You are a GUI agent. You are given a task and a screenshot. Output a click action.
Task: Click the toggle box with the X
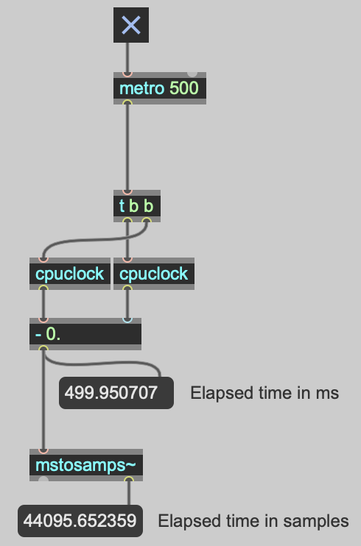click(x=131, y=25)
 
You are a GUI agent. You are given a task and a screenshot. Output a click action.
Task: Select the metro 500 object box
click(x=160, y=88)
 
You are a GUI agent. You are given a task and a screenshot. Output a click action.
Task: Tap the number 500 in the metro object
click(x=183, y=88)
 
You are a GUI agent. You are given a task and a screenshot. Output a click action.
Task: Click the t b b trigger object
click(x=137, y=206)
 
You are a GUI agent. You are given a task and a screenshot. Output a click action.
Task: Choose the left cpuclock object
click(x=70, y=274)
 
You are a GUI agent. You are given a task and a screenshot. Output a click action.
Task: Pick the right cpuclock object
click(x=154, y=274)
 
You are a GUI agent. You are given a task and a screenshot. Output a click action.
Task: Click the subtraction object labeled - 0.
click(x=85, y=334)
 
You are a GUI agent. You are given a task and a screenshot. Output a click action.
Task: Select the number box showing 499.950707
click(x=116, y=393)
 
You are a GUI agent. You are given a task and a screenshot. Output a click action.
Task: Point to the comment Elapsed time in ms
click(x=264, y=393)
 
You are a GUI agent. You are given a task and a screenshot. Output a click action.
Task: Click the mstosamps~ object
click(x=86, y=465)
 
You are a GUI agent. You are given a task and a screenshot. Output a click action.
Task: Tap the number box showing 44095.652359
click(x=80, y=521)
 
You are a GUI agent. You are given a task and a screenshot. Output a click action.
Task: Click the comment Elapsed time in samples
click(x=253, y=521)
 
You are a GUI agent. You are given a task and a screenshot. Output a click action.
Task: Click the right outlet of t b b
click(x=147, y=221)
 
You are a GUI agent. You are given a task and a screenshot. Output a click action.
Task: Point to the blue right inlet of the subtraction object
click(x=127, y=319)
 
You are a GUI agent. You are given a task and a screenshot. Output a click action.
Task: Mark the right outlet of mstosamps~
click(x=129, y=480)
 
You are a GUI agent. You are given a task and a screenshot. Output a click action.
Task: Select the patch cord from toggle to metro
click(x=127, y=57)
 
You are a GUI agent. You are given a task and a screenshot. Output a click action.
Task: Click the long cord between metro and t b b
click(x=127, y=147)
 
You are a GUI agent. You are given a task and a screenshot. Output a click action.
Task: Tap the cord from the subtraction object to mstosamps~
click(x=43, y=400)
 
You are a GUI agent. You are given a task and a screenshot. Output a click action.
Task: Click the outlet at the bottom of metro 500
click(x=127, y=102)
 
